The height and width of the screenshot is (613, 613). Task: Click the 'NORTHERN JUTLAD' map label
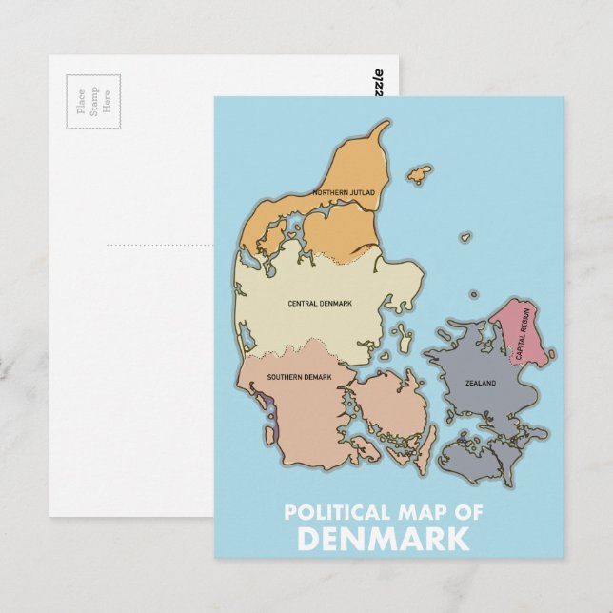pyautogui.click(x=344, y=193)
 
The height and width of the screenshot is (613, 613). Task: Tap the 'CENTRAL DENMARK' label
pyautogui.click(x=320, y=304)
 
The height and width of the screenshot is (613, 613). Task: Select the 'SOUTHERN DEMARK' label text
pyautogui.click(x=299, y=378)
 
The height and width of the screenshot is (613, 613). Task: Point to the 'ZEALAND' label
pyautogui.click(x=481, y=384)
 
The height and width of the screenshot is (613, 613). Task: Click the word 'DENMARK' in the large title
pyautogui.click(x=383, y=540)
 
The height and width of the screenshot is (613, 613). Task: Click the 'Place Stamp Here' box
pyautogui.click(x=93, y=101)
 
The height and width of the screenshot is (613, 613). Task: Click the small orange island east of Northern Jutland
pyautogui.click(x=419, y=175)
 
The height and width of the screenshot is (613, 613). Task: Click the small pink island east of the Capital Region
pyautogui.click(x=552, y=354)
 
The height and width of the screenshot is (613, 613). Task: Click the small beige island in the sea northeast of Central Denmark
pyautogui.click(x=465, y=236)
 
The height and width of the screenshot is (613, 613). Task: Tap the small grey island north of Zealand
pyautogui.click(x=474, y=295)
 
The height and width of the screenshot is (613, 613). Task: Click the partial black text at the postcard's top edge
pyautogui.click(x=380, y=86)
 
